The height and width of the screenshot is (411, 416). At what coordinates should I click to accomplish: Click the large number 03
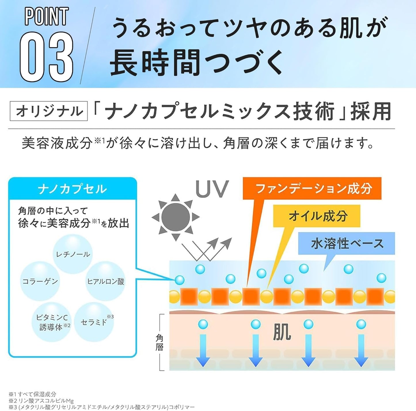pyautogui.click(x=46, y=57)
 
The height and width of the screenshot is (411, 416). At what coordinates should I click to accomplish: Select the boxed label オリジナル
pyautogui.click(x=49, y=111)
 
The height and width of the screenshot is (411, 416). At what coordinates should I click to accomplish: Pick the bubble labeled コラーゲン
pyautogui.click(x=40, y=281)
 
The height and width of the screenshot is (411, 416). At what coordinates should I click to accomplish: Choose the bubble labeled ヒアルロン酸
pyautogui.click(x=106, y=281)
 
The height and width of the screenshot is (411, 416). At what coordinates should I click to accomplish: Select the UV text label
pyautogui.click(x=212, y=189)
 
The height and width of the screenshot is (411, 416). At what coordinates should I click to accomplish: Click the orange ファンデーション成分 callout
pyautogui.click(x=312, y=189)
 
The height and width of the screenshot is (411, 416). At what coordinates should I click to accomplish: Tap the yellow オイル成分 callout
pyautogui.click(x=318, y=216)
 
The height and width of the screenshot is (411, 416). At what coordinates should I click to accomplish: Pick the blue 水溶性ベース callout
pyautogui.click(x=347, y=244)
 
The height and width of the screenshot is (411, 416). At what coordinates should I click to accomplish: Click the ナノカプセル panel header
pyautogui.click(x=72, y=189)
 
